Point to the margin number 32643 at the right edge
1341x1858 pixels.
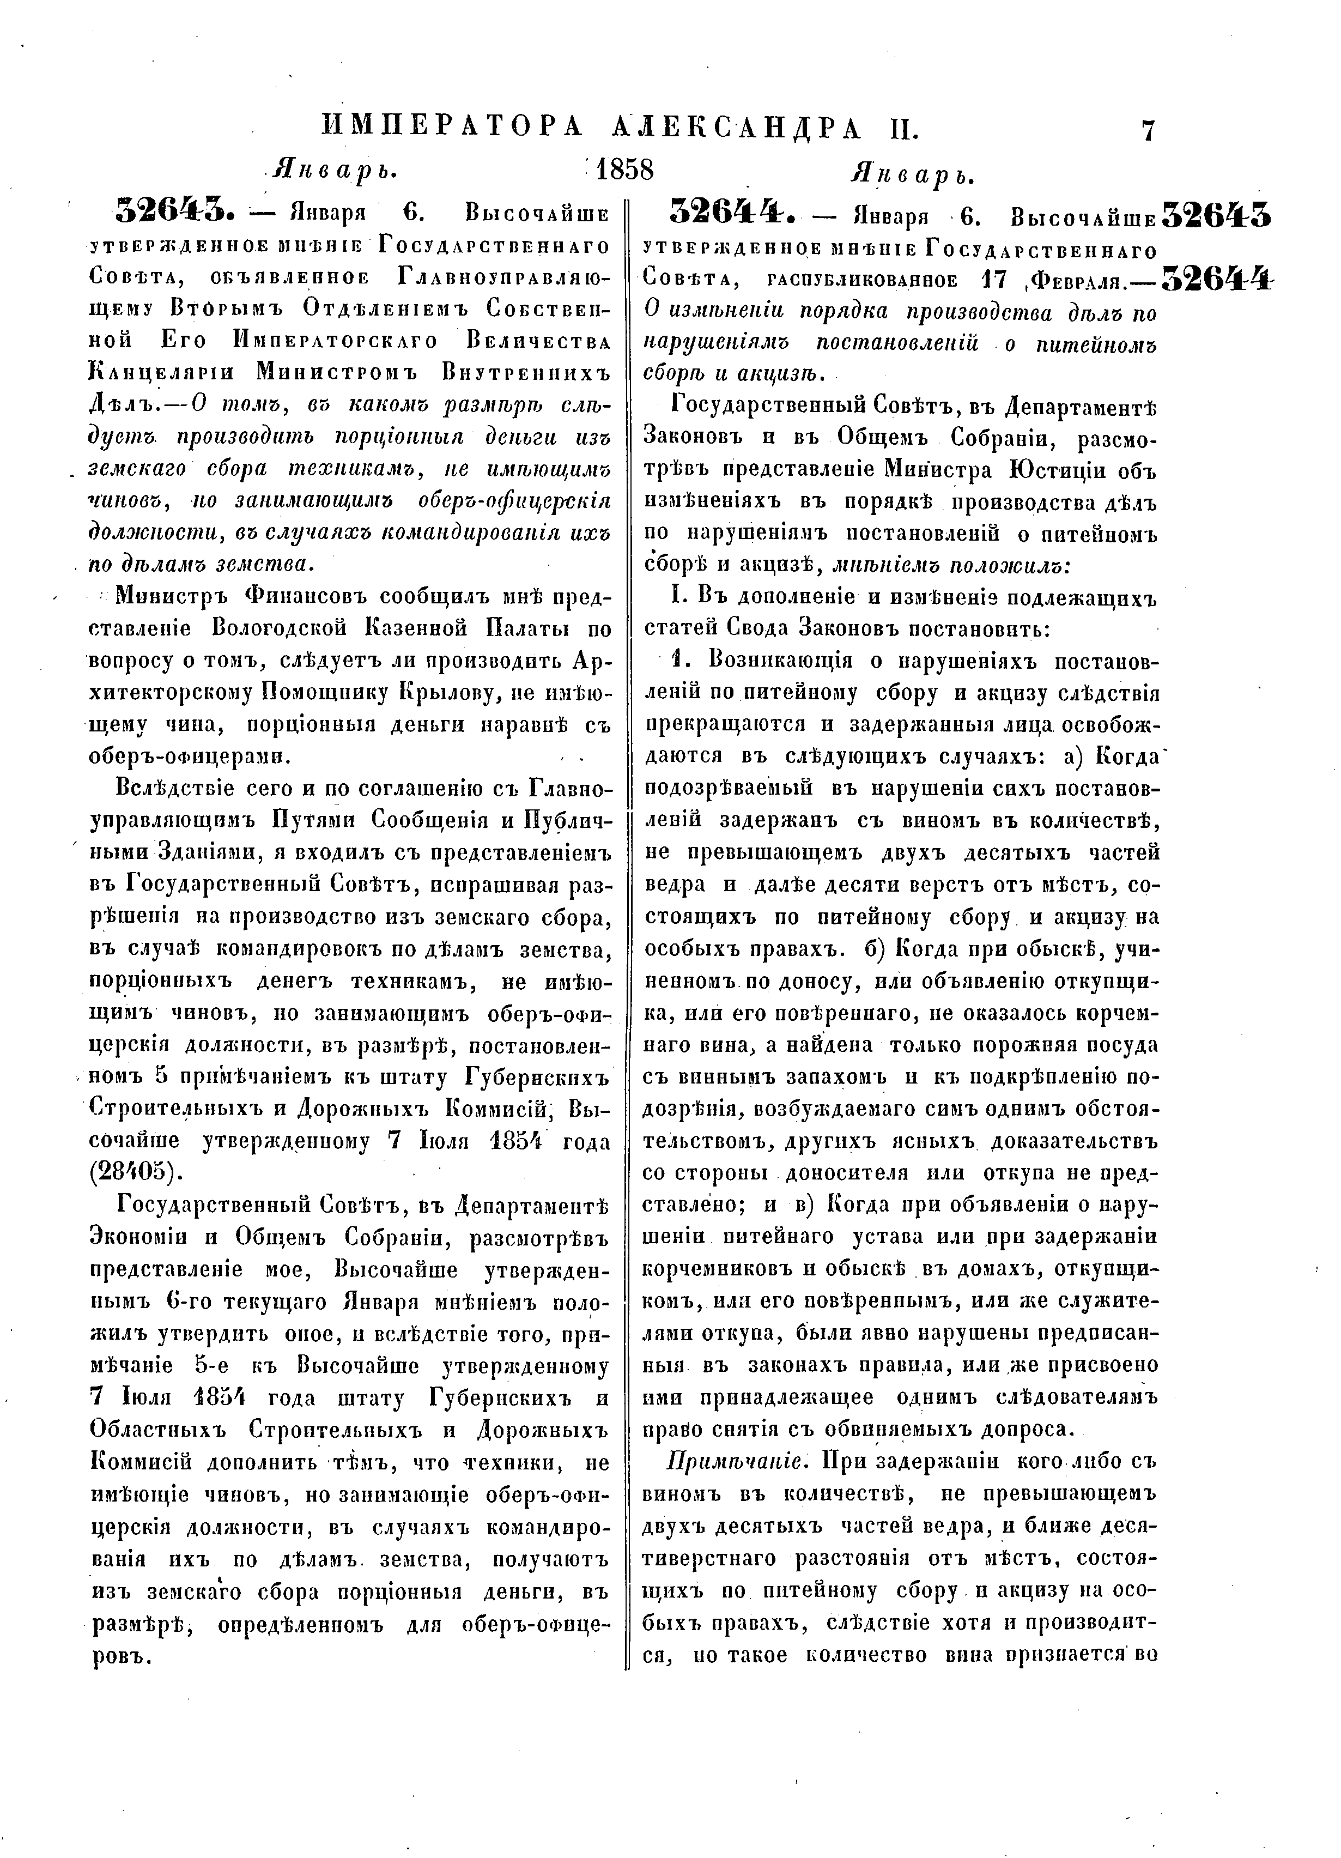point(1216,215)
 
